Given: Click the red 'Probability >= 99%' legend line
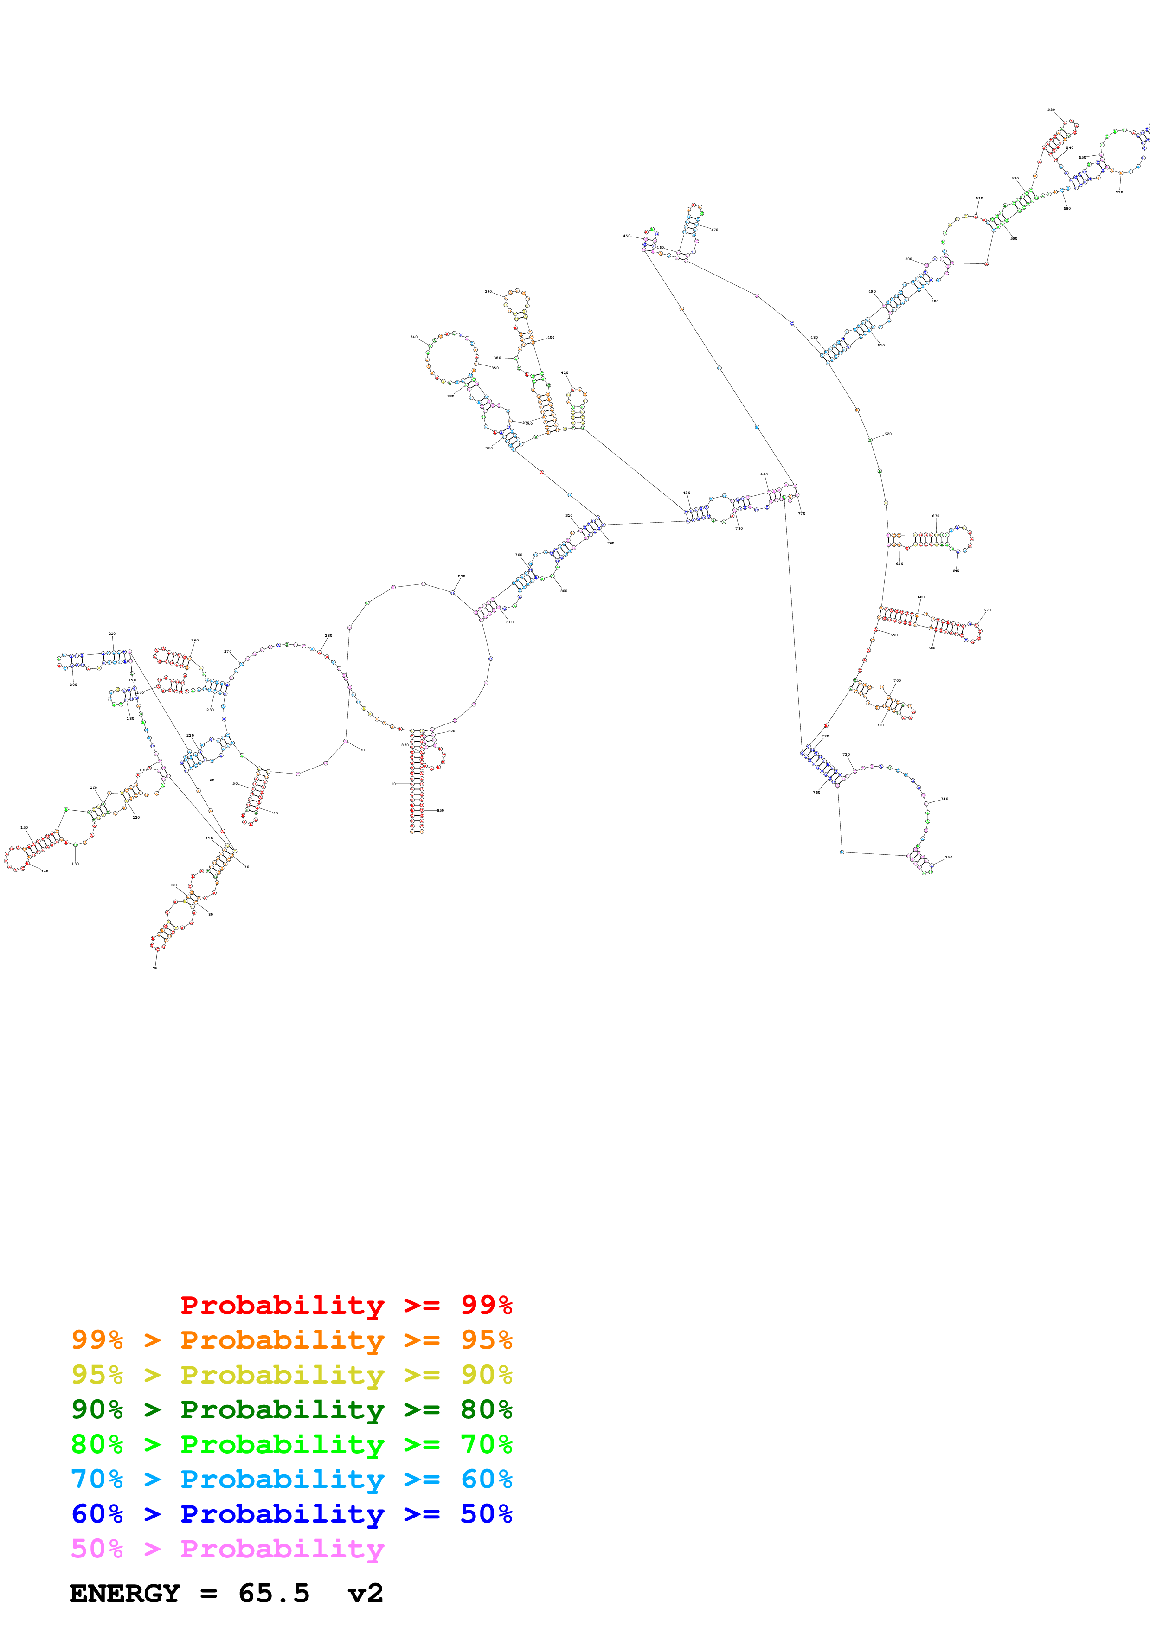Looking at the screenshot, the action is coord(346,1305).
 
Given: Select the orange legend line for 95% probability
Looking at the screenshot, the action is coord(291,1340).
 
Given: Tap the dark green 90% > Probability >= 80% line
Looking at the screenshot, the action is coord(291,1409).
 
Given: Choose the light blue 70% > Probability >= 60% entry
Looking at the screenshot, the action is coord(291,1479).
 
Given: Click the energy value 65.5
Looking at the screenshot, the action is coord(274,1594).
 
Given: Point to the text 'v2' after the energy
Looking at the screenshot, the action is coord(366,1594).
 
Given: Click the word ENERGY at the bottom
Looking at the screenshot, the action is coord(125,1594).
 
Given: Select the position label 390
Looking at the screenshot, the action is coord(488,291).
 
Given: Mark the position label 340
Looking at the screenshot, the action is coord(414,337).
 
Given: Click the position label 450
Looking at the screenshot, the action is coord(626,236).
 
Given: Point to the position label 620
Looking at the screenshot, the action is coord(888,434).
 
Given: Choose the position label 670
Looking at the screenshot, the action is coord(987,610).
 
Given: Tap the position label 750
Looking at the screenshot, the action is coord(949,858).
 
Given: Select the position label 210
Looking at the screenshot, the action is coord(112,634).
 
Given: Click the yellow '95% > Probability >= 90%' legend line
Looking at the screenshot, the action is coord(291,1375).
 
